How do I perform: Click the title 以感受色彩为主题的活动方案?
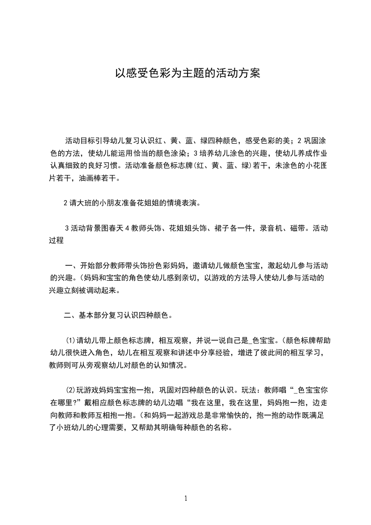pyautogui.click(x=185, y=74)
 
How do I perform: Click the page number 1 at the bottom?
pyautogui.click(x=186, y=498)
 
